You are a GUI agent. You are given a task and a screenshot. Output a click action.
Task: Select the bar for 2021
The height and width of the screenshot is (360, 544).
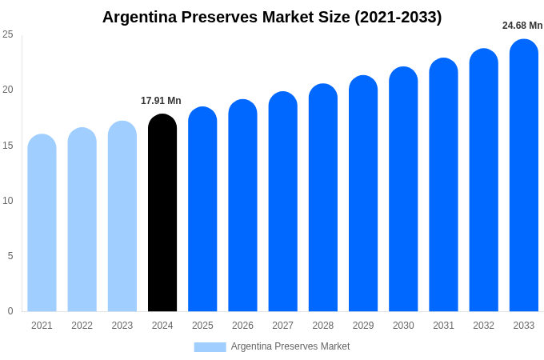42,224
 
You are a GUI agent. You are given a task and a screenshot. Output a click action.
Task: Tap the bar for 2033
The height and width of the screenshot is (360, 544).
524,176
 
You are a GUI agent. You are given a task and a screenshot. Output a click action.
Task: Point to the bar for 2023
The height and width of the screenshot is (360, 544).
122,218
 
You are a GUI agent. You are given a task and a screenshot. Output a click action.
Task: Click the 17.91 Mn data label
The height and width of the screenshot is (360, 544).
161,101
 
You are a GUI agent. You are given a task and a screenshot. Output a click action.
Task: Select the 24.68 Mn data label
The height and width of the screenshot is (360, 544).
522,26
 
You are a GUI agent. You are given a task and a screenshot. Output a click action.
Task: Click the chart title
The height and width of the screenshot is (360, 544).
272,17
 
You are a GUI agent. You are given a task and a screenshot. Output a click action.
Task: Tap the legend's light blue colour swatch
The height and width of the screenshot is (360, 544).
210,346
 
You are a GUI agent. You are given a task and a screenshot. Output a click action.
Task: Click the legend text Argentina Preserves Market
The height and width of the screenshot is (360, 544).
290,346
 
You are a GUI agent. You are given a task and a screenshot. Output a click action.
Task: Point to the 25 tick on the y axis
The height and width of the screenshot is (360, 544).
8,34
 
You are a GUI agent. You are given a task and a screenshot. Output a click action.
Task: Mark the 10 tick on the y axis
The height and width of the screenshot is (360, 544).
8,200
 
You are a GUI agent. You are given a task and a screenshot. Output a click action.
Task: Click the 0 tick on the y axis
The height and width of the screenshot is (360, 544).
10,311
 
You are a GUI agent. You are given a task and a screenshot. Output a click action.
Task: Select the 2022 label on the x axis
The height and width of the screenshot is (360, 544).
82,326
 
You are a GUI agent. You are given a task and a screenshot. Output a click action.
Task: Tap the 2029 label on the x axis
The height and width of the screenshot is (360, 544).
363,326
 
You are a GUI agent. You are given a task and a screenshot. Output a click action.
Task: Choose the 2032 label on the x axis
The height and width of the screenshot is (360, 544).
483,326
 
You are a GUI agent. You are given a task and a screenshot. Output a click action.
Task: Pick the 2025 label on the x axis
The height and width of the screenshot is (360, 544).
202,326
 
